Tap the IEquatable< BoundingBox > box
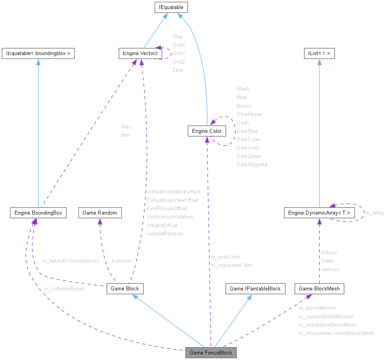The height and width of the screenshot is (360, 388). [x=38, y=53]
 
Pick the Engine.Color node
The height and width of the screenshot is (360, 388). [x=207, y=131]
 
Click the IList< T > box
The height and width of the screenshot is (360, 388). [x=319, y=53]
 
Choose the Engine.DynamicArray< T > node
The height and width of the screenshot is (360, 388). [x=319, y=213]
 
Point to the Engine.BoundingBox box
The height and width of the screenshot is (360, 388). [x=38, y=213]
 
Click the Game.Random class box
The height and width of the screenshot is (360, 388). [x=100, y=213]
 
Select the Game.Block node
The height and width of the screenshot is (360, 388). [x=125, y=288]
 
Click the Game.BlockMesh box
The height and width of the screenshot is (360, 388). [x=319, y=288]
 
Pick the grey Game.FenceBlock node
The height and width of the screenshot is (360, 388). [x=211, y=353]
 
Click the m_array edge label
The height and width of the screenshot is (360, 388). [x=374, y=213]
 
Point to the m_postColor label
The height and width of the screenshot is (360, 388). [x=225, y=257]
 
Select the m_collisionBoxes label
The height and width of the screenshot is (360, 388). [x=64, y=288]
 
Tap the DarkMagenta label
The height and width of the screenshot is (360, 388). [x=252, y=164]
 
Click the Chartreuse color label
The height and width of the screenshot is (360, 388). [x=249, y=114]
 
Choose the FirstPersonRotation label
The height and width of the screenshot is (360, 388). [x=170, y=217]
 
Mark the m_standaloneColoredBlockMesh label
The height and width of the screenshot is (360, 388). [x=336, y=333]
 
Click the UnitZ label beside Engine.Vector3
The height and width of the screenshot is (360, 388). [x=179, y=62]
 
